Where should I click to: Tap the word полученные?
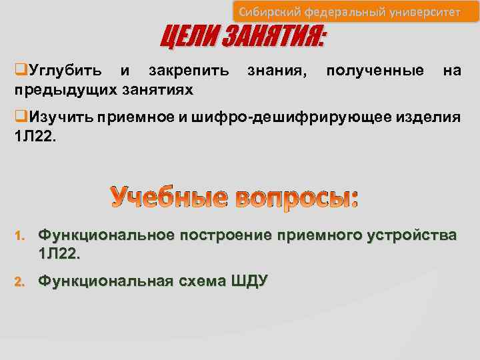[375, 70]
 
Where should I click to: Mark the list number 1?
[20, 236]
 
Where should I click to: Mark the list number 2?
[20, 282]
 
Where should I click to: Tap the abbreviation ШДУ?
[249, 281]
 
